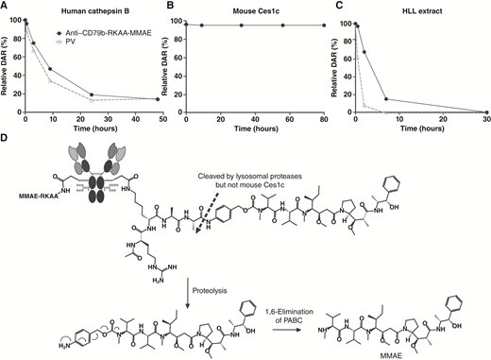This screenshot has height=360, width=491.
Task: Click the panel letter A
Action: [x=6, y=6]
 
